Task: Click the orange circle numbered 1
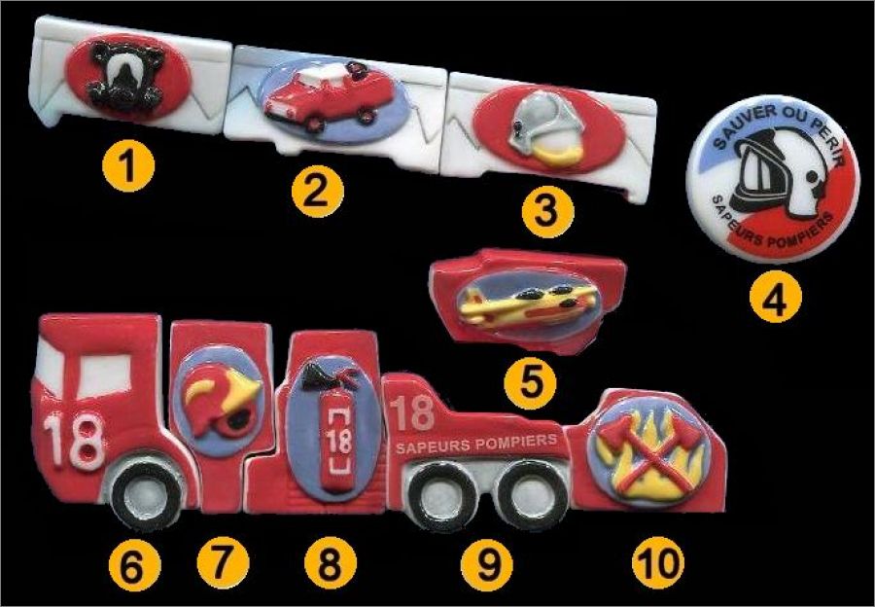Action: [128, 165]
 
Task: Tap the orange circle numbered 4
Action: [776, 296]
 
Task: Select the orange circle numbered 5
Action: [530, 383]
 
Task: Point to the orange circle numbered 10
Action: [658, 562]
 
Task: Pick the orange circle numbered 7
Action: [222, 562]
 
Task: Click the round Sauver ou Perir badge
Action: [773, 179]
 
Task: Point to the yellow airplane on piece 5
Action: [526, 303]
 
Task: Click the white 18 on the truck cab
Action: [74, 441]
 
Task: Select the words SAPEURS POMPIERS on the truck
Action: [476, 444]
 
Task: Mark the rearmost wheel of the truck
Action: [531, 496]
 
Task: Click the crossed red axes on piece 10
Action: [650, 451]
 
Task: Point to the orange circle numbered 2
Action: [318, 192]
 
